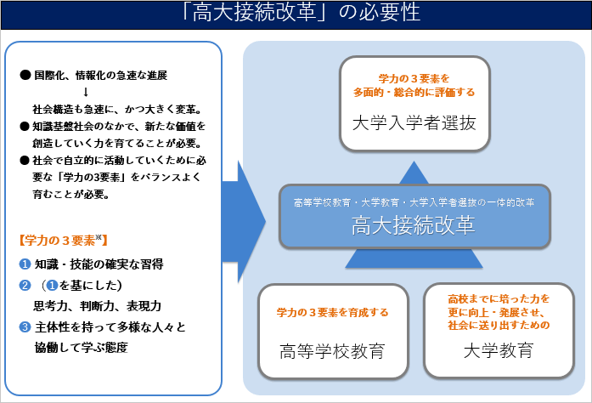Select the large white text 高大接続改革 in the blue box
tap(414, 226)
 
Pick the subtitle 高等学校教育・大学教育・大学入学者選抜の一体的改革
tap(414, 202)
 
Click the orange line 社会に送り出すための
tap(499, 325)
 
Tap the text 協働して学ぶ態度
tap(82, 348)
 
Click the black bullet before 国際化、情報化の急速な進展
tap(24, 75)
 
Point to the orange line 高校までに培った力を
tap(499, 299)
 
